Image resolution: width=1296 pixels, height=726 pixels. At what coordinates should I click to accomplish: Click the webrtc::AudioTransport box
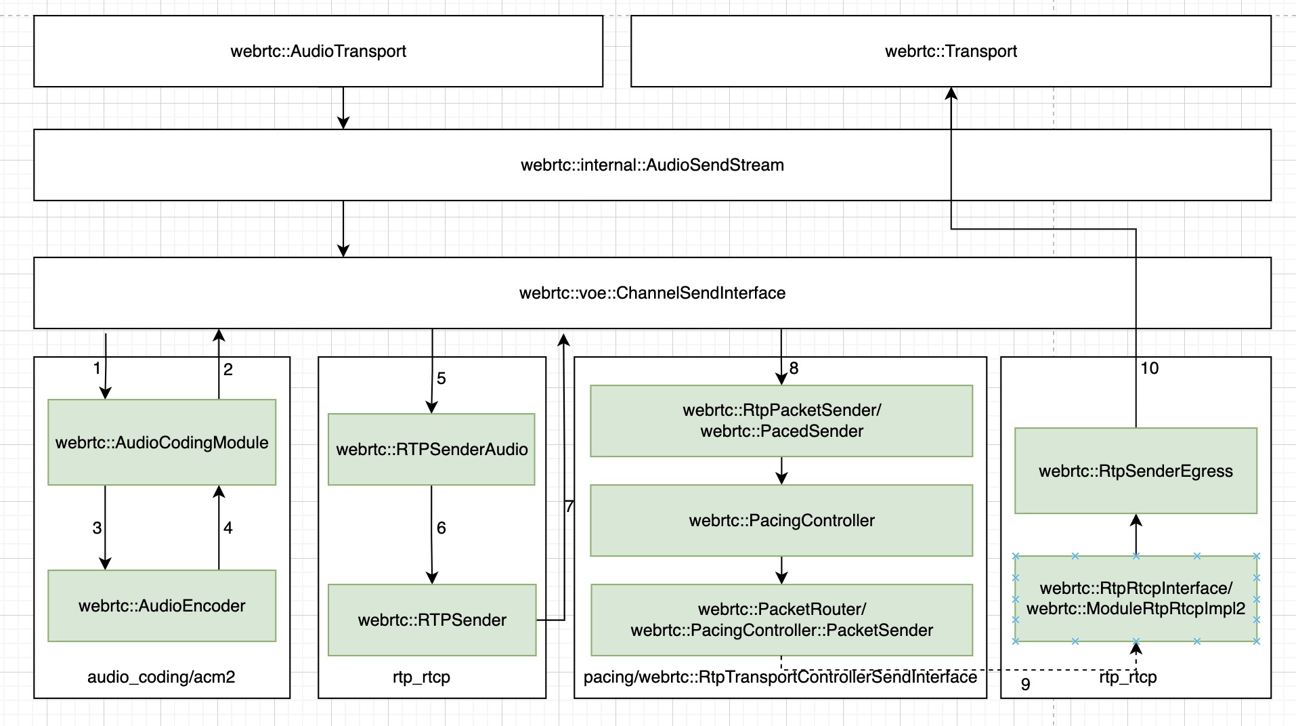coord(318,51)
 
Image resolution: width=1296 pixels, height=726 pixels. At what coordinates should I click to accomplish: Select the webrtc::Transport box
coord(951,51)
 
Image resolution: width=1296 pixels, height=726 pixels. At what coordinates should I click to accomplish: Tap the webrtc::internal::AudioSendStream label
coord(652,165)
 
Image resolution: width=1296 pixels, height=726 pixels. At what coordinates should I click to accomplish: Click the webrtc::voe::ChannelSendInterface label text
coord(652,293)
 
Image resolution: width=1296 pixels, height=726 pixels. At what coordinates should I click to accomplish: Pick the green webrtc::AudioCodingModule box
coord(162,442)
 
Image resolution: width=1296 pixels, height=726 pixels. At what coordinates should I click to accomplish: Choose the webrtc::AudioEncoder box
coord(162,605)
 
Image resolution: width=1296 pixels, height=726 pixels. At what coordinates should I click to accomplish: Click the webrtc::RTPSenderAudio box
coord(431,449)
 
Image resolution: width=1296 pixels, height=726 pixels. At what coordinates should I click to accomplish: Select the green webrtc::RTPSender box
coord(431,620)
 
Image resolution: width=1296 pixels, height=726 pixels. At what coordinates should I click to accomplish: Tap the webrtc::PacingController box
coord(781,520)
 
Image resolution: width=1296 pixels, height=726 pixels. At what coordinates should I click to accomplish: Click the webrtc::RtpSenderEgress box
coord(1136,471)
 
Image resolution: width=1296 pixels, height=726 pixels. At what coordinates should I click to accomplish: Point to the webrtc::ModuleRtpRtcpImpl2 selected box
coord(1136,599)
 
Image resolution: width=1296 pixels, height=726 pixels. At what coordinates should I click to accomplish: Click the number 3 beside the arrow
coord(97,528)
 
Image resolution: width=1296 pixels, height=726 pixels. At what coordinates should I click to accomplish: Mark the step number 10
coord(1150,368)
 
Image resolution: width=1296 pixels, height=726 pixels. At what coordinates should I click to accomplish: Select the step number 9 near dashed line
coord(1025,685)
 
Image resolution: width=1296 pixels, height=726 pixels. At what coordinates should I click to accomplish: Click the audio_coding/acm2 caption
coord(161,677)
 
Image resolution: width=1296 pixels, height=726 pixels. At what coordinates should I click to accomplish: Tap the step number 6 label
coord(441,528)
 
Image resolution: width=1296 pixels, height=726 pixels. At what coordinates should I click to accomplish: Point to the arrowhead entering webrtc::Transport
coord(951,94)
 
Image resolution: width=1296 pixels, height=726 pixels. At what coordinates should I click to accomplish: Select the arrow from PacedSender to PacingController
coord(781,470)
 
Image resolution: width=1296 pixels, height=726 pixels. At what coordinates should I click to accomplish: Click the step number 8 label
coord(794,368)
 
